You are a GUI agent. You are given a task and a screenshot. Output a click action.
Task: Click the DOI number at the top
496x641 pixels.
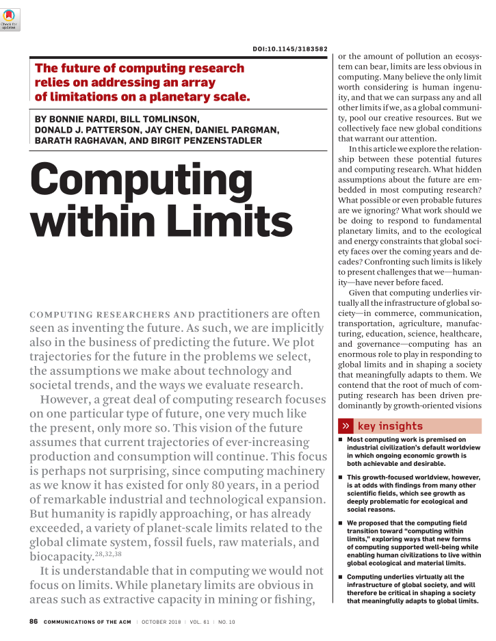point(290,49)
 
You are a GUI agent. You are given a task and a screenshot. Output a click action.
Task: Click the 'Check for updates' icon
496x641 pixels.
point(10,21)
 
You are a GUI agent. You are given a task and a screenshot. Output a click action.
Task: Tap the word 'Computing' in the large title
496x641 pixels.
point(141,180)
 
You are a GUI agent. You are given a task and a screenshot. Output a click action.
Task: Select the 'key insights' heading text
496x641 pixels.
point(390,426)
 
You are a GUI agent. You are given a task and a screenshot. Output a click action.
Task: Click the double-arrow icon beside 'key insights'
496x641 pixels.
point(347,426)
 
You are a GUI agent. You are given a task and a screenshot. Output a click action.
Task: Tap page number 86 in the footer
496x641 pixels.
point(33,621)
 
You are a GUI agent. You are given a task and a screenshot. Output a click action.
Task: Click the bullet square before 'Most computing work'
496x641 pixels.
point(341,440)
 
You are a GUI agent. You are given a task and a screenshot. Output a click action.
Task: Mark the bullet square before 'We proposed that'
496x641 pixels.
point(341,523)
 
